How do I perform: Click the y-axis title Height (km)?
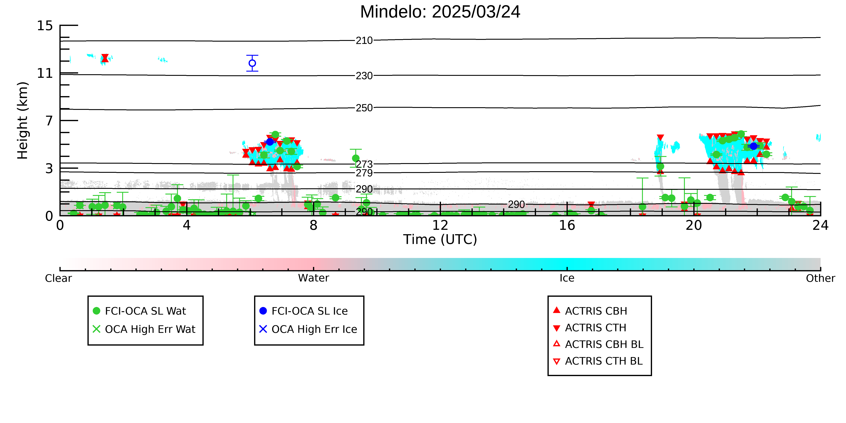[22, 121]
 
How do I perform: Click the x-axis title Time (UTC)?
[440, 239]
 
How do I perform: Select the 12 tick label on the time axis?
[440, 225]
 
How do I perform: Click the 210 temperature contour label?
[364, 41]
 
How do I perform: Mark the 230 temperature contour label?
[364, 76]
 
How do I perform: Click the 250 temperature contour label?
[364, 108]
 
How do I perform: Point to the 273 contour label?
[364, 164]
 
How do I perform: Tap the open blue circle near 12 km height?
[252, 63]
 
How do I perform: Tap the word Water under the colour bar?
[313, 278]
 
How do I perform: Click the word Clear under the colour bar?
[59, 278]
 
